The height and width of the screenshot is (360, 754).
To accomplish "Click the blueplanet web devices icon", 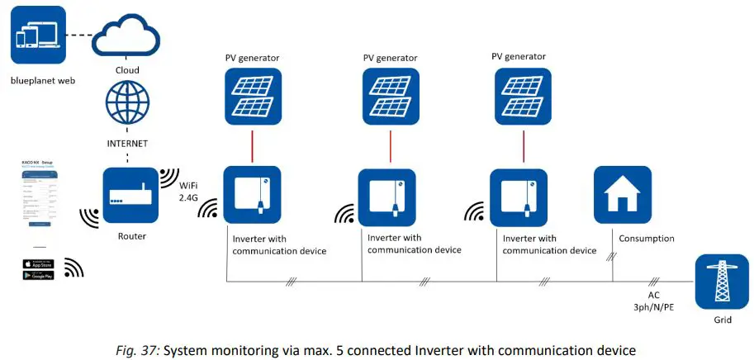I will tap(38, 36).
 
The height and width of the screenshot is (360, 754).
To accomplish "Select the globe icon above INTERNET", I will tap(126, 104).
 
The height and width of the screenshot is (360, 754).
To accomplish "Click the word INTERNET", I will tap(126, 143).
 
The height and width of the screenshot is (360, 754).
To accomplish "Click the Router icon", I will tap(126, 195).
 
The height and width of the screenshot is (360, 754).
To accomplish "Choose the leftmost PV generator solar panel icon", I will tap(252, 97).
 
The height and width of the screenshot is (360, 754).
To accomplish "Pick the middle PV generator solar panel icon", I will tap(391, 97).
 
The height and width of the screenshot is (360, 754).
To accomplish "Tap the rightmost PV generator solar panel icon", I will tap(523, 97).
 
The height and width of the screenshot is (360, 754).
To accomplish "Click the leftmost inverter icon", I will tap(252, 195).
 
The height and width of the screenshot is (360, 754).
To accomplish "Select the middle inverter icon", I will tap(386, 198).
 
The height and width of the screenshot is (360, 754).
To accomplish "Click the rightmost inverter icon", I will tap(518, 197).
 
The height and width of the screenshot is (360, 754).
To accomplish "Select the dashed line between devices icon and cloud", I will tap(78, 36).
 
